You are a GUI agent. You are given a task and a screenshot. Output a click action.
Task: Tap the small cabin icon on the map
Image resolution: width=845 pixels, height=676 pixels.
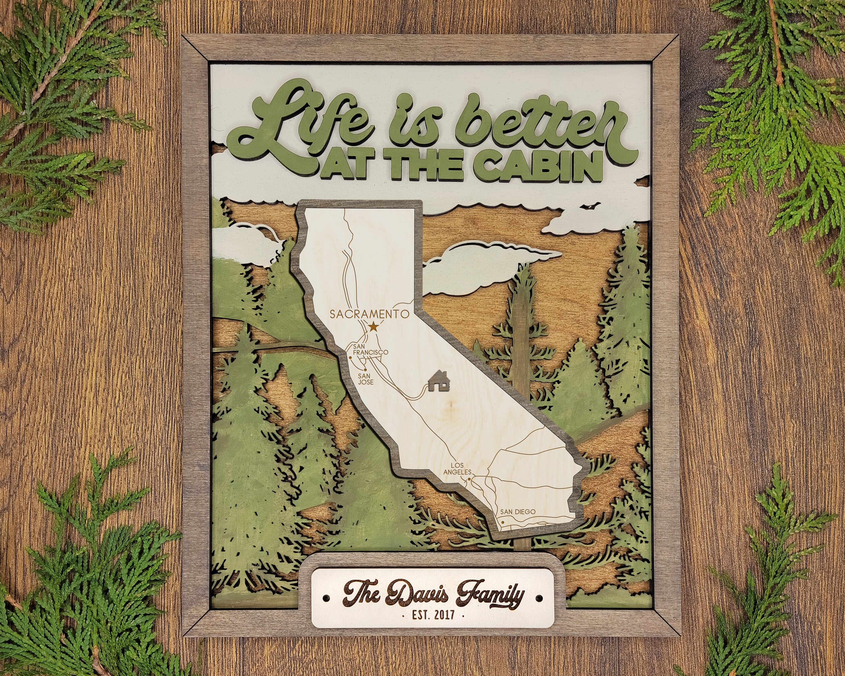(x=439, y=381)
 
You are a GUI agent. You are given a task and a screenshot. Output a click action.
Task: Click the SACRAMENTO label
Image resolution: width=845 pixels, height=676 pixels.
(x=369, y=314)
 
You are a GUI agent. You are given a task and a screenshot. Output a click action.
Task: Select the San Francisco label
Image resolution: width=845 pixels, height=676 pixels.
(x=370, y=350)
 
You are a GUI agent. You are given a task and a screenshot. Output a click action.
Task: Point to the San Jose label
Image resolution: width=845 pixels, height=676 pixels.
(x=366, y=379)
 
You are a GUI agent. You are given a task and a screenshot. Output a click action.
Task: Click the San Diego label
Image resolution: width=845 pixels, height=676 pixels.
(x=517, y=512)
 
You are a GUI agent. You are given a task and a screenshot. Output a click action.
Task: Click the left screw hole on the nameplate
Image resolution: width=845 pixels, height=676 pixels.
(x=326, y=599)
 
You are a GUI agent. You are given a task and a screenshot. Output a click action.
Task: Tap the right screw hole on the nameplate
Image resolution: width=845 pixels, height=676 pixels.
(x=540, y=599)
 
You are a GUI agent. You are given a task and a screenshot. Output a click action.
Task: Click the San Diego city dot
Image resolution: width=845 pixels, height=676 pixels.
(x=502, y=522)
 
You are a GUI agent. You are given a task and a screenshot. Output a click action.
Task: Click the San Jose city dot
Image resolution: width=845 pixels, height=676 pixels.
(x=365, y=369)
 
